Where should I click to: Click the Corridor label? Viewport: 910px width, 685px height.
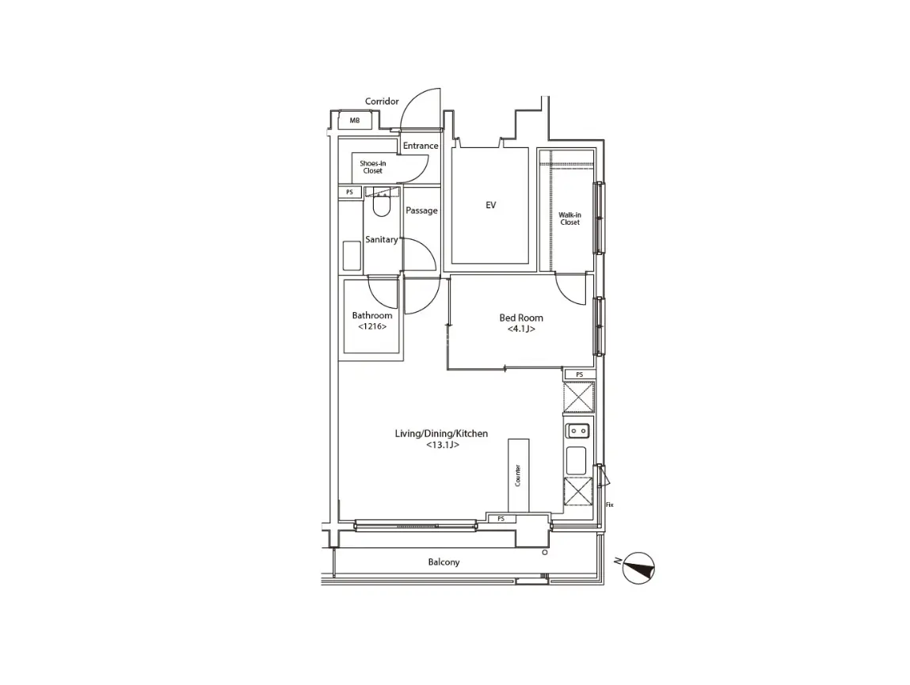(382, 101)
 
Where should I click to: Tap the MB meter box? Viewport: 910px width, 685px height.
(355, 120)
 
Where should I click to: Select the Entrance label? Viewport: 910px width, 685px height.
(421, 146)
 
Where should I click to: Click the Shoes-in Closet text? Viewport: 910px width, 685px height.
(372, 167)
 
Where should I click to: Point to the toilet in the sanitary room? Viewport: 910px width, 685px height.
(381, 205)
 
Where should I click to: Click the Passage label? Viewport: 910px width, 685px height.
(421, 211)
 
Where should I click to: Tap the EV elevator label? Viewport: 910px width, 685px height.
(491, 205)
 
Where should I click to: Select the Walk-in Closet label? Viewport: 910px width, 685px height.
(570, 219)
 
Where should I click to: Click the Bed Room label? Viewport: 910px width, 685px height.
(521, 318)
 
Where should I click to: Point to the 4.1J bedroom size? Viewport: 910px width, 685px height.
(521, 329)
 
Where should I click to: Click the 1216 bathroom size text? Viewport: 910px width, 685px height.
(372, 327)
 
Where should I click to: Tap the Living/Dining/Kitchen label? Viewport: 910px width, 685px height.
(441, 434)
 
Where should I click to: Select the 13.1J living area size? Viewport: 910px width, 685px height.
(443, 445)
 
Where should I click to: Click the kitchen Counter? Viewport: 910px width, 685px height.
(518, 475)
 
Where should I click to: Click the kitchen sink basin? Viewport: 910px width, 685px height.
(577, 461)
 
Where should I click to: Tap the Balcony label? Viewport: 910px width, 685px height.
(444, 562)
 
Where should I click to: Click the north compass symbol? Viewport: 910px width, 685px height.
(638, 568)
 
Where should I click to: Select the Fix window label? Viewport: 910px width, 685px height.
(609, 505)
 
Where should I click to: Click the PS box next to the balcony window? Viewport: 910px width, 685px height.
(501, 519)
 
